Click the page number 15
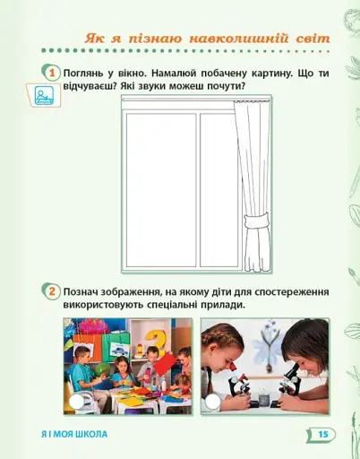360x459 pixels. tap(323, 434)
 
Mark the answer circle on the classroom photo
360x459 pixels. tap(78, 403)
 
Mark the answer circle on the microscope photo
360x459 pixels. tap(213, 403)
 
